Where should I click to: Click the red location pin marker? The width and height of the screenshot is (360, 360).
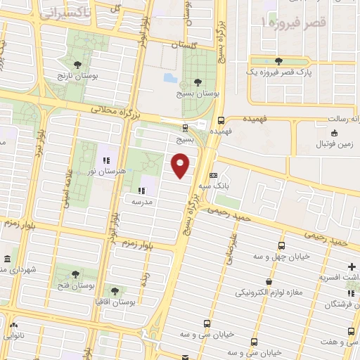(181, 166)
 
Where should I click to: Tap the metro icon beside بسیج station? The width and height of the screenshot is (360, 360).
(185, 127)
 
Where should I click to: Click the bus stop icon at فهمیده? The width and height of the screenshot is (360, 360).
(221, 120)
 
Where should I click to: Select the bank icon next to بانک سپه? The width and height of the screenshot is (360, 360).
(213, 175)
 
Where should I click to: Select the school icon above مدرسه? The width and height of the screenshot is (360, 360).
(141, 190)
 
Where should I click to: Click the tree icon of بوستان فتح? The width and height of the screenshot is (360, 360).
(75, 274)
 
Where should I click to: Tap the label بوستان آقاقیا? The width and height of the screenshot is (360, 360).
(117, 301)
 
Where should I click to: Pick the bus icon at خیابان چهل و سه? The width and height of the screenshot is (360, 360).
(281, 245)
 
